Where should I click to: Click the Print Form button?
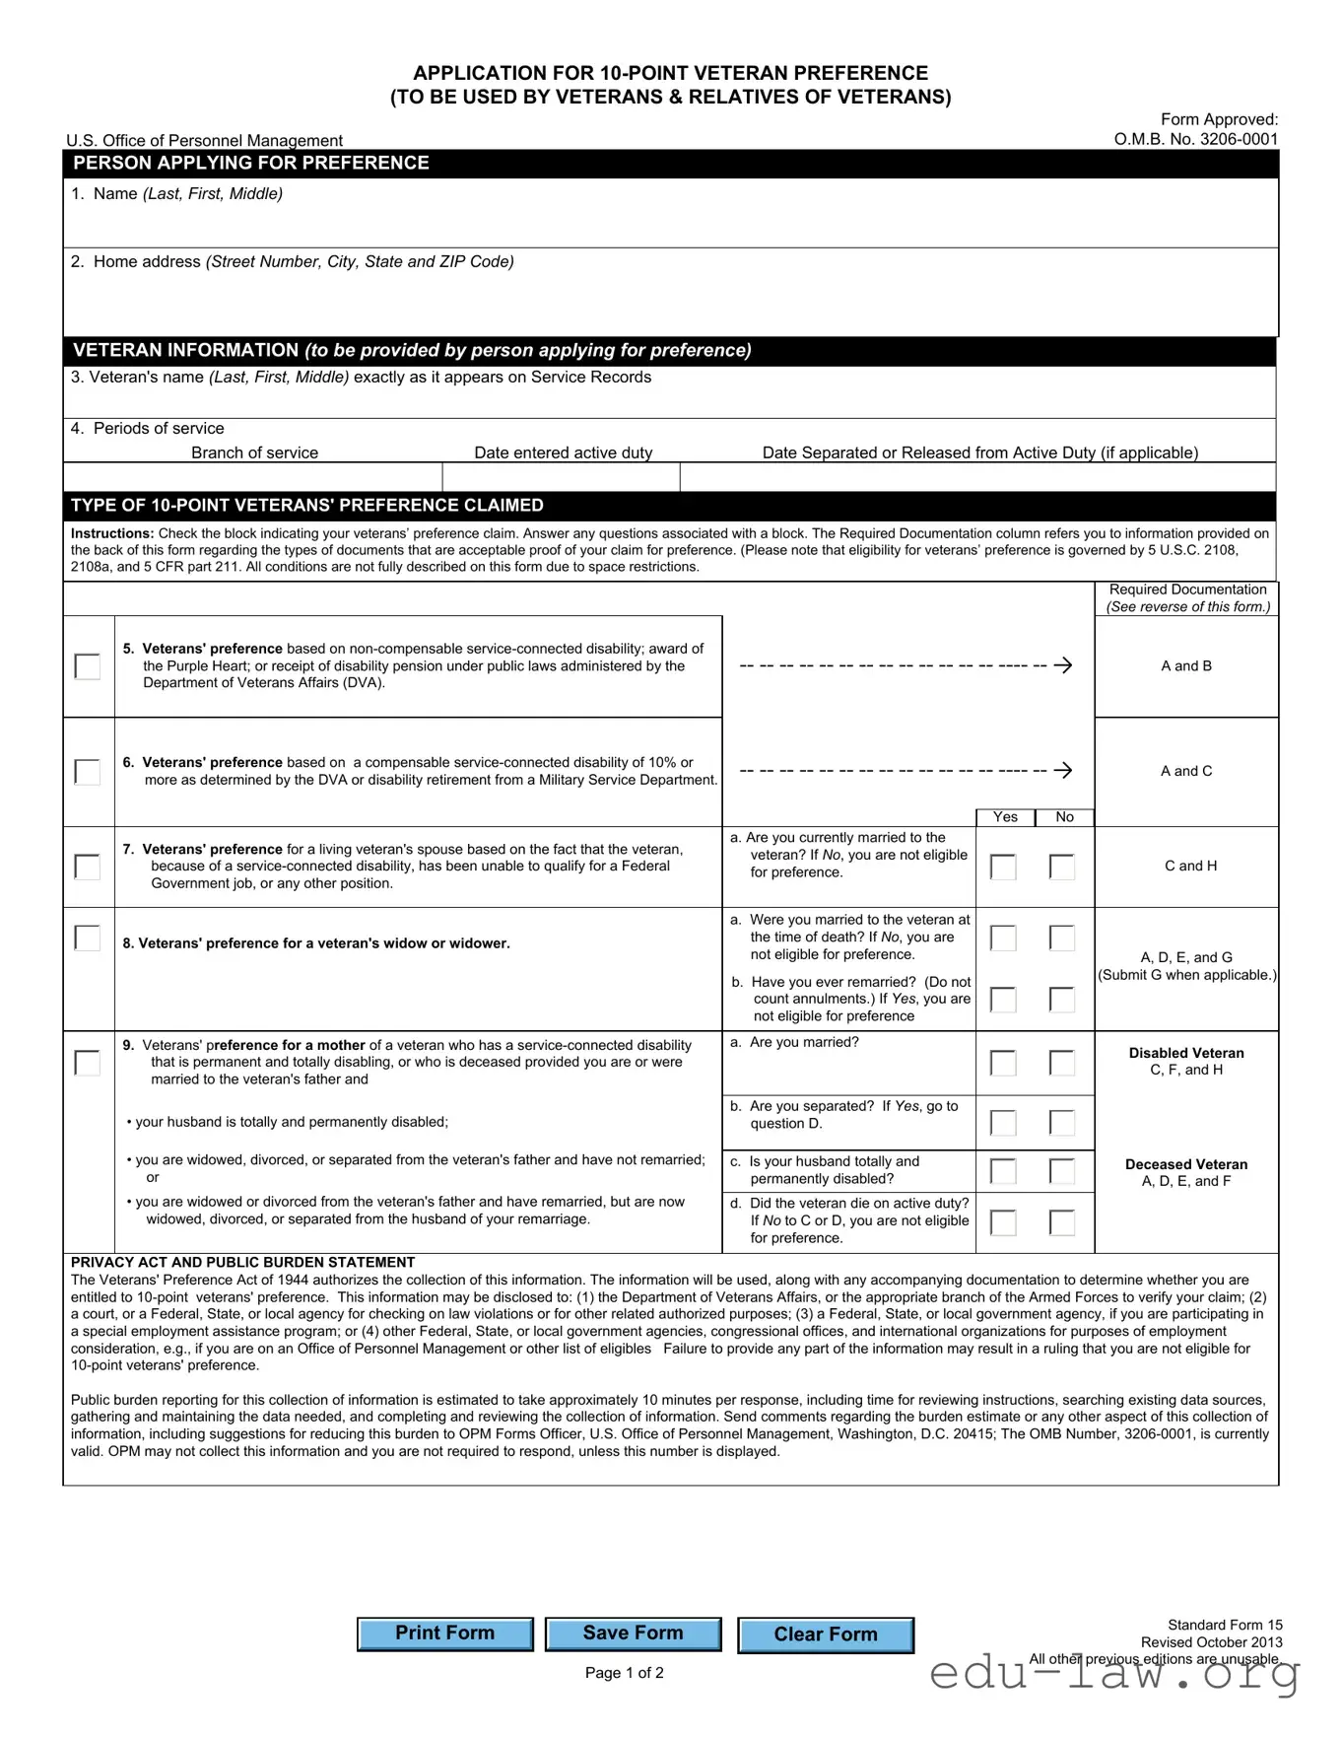click(444, 1634)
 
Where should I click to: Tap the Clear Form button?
click(825, 1634)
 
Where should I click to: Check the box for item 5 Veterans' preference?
click(88, 666)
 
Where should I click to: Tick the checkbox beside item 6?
click(88, 771)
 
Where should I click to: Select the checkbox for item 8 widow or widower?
click(88, 938)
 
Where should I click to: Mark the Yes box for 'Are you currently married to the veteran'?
click(1003, 867)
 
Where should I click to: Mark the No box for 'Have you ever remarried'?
click(1062, 1000)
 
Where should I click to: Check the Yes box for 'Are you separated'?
click(1003, 1123)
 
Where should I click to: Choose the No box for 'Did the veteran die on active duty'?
click(1062, 1222)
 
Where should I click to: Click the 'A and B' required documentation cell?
click(1186, 666)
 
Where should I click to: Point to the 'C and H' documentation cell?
click(1190, 866)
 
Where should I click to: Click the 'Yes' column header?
click(1005, 817)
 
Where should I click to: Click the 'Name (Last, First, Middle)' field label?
click(187, 194)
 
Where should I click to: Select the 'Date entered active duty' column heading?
click(563, 452)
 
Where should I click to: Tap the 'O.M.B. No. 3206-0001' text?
click(1195, 139)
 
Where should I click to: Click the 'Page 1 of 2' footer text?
click(624, 1673)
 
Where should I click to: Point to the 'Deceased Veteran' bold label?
click(1186, 1164)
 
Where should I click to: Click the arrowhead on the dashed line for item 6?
click(1063, 770)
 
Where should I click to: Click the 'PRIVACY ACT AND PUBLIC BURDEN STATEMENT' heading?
click(242, 1263)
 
